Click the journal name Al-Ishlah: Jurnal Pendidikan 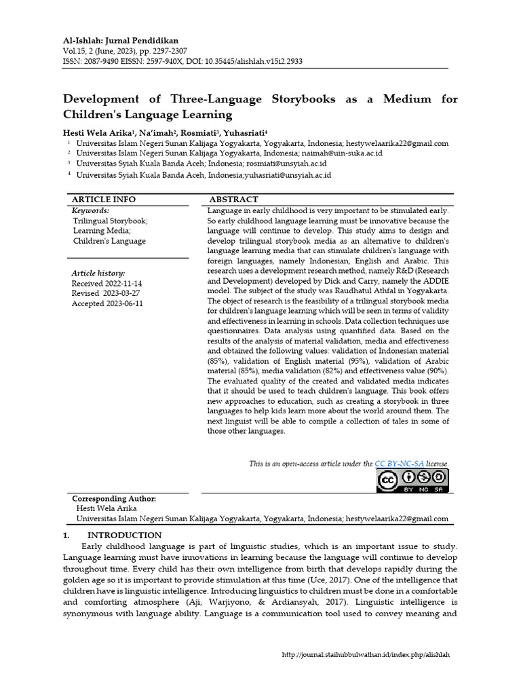[x=121, y=41]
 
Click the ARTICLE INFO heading [x=104, y=200]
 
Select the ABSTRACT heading [x=233, y=200]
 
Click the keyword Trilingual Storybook [x=111, y=221]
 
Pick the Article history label [x=98, y=273]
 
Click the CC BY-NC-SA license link [x=399, y=464]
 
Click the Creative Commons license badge [x=412, y=481]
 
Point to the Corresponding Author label [x=114, y=499]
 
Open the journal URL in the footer [x=366, y=655]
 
